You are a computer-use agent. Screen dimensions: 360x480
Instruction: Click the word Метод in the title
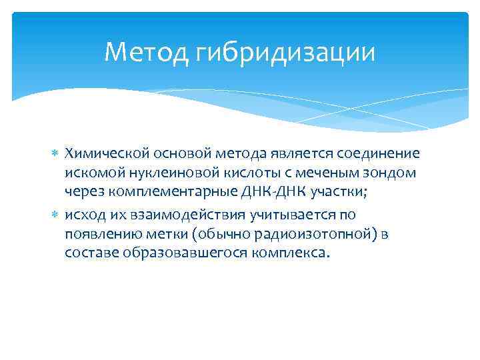point(147,51)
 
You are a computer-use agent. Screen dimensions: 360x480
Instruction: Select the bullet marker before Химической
point(55,154)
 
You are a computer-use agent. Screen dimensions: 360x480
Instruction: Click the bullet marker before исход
point(55,214)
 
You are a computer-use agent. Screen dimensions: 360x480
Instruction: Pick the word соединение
point(377,154)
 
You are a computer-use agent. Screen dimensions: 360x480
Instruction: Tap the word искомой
point(91,173)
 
